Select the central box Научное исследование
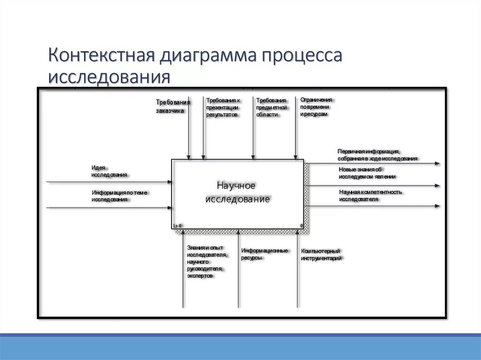coord(237,193)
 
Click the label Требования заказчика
coord(172,107)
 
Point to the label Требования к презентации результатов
coord(223,107)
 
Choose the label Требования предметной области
coord(272,107)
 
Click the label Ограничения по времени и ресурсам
coord(316,107)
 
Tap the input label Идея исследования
coord(109,171)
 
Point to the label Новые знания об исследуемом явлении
coord(367,173)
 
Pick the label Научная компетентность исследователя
coord(370,195)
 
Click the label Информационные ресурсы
coord(264,254)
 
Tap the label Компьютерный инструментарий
coord(321,254)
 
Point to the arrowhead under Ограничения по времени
coord(295,157)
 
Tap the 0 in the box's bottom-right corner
coord(302,226)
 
